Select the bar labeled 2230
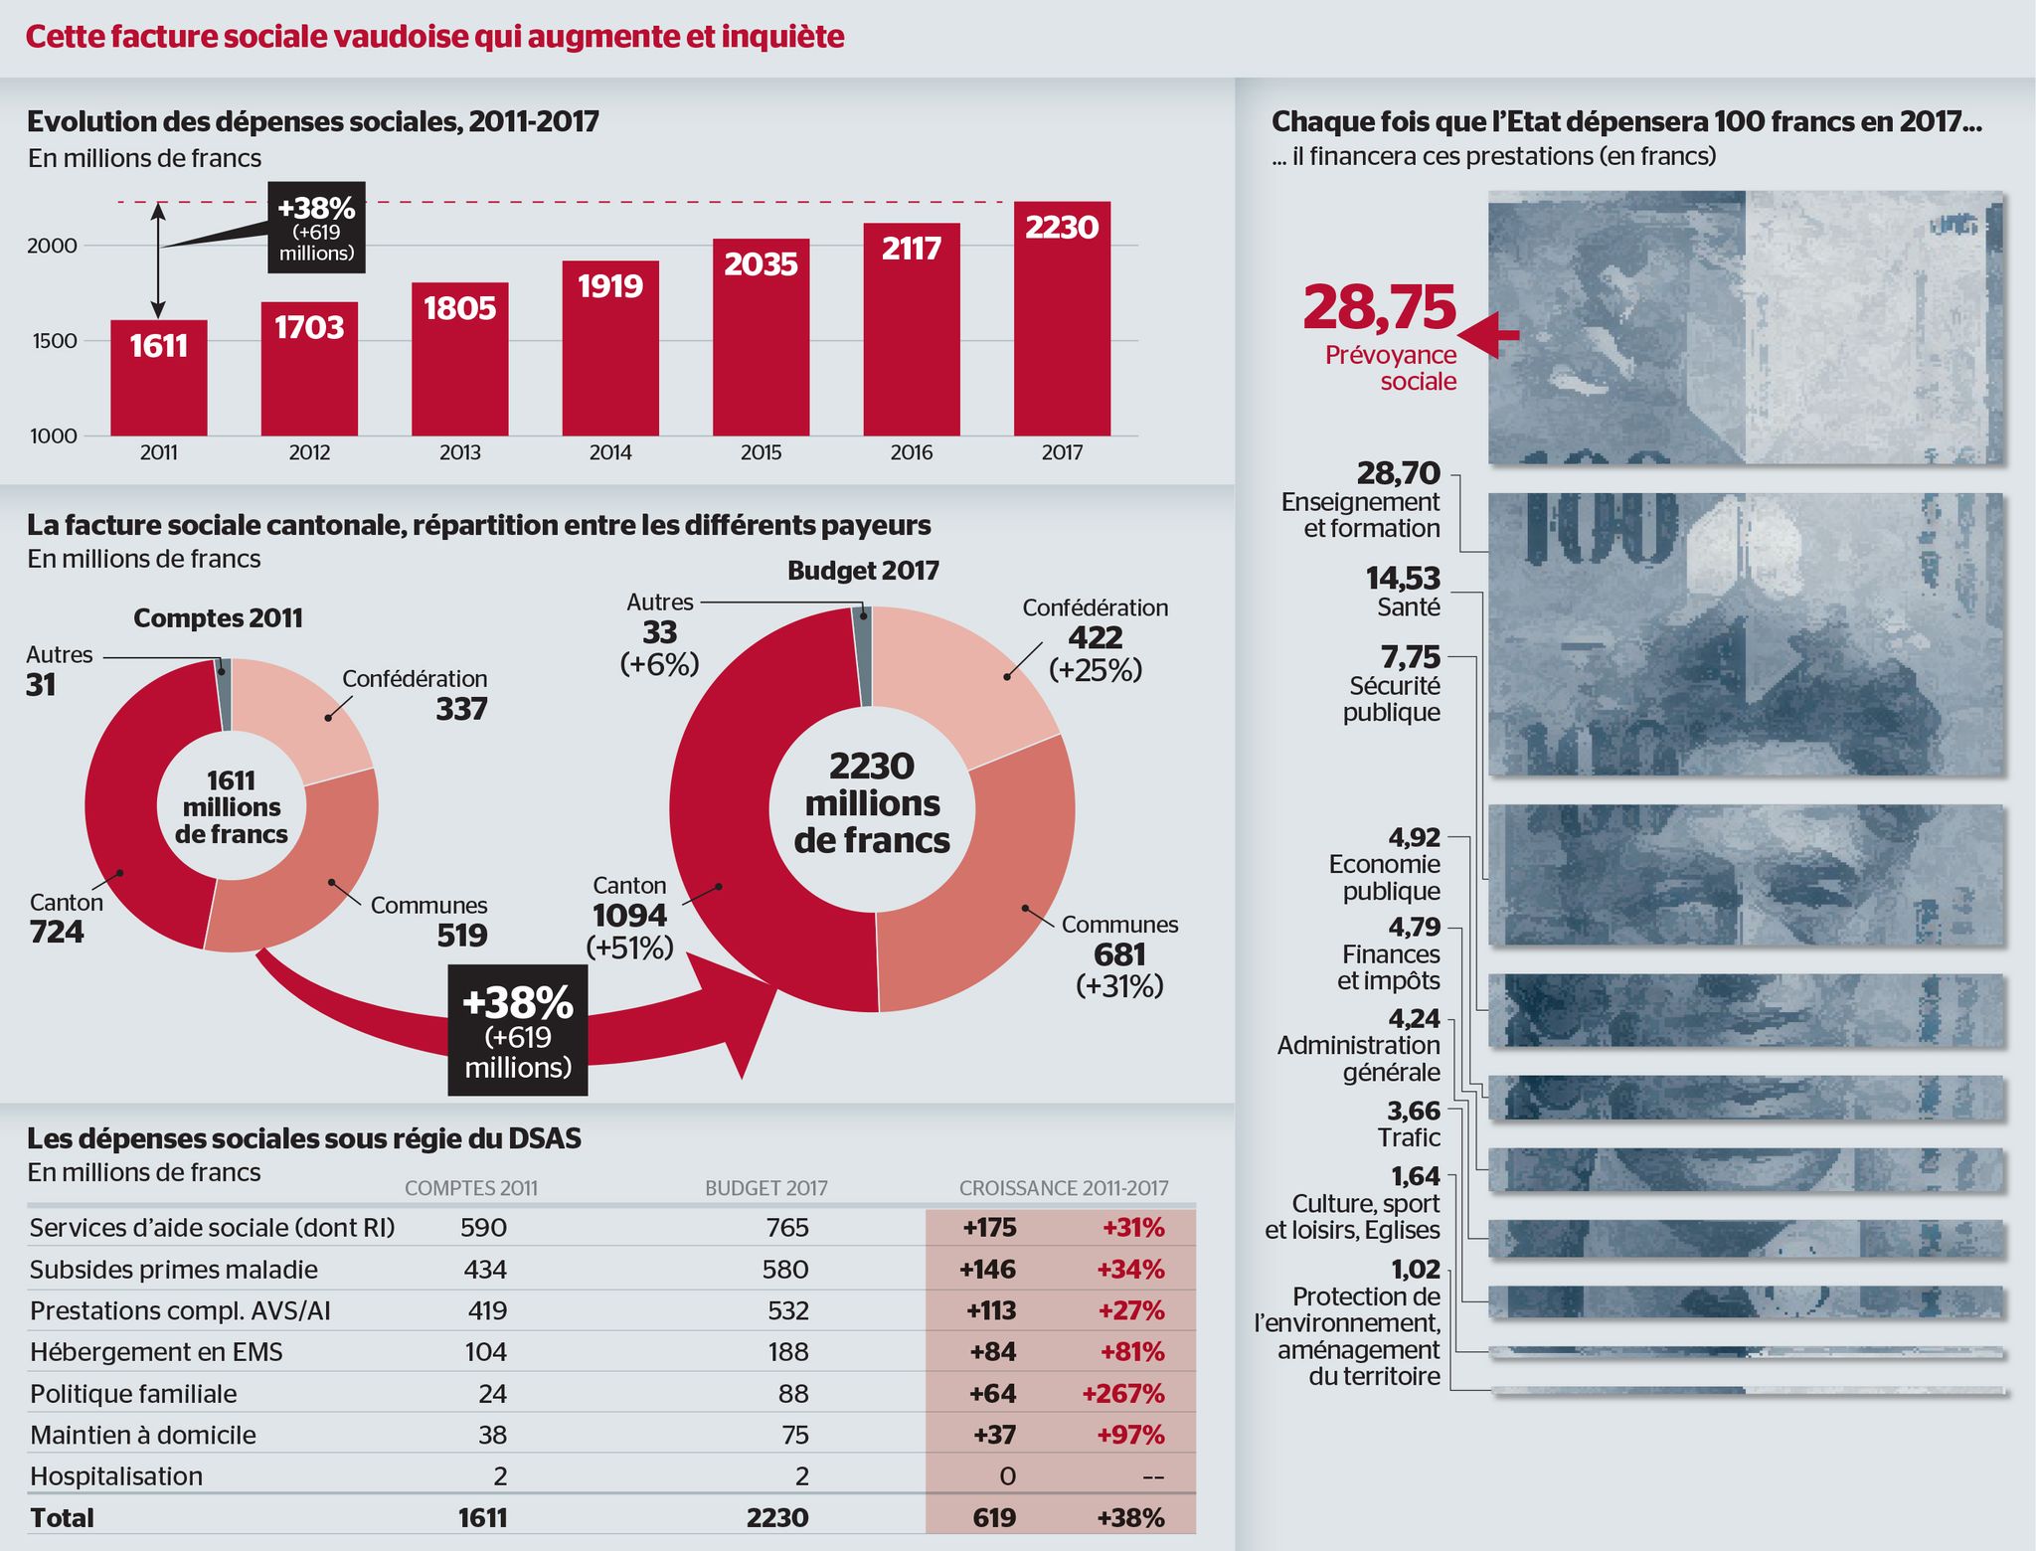(x=1062, y=318)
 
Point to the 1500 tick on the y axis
(x=54, y=341)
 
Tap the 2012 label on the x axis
(x=309, y=453)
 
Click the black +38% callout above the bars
(x=316, y=228)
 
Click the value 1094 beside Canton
(x=629, y=916)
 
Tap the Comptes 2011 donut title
(x=218, y=618)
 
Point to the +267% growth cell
(x=1123, y=1394)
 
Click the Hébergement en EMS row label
(x=156, y=1352)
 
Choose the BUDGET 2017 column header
(x=765, y=1188)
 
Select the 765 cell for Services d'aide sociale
(x=787, y=1228)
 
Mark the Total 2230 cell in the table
(x=777, y=1518)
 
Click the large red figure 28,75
(x=1379, y=307)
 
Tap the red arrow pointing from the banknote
(x=1488, y=334)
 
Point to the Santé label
(x=1408, y=607)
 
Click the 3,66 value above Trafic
(x=1414, y=1111)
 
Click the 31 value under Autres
(x=41, y=685)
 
